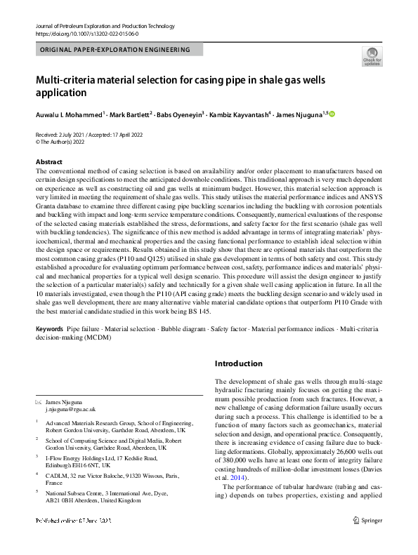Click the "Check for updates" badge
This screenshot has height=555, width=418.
371,55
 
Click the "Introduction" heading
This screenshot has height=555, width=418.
239,363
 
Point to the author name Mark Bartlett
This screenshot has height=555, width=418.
131,114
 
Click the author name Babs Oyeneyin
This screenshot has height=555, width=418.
181,114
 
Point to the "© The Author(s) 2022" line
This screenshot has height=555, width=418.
66,141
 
